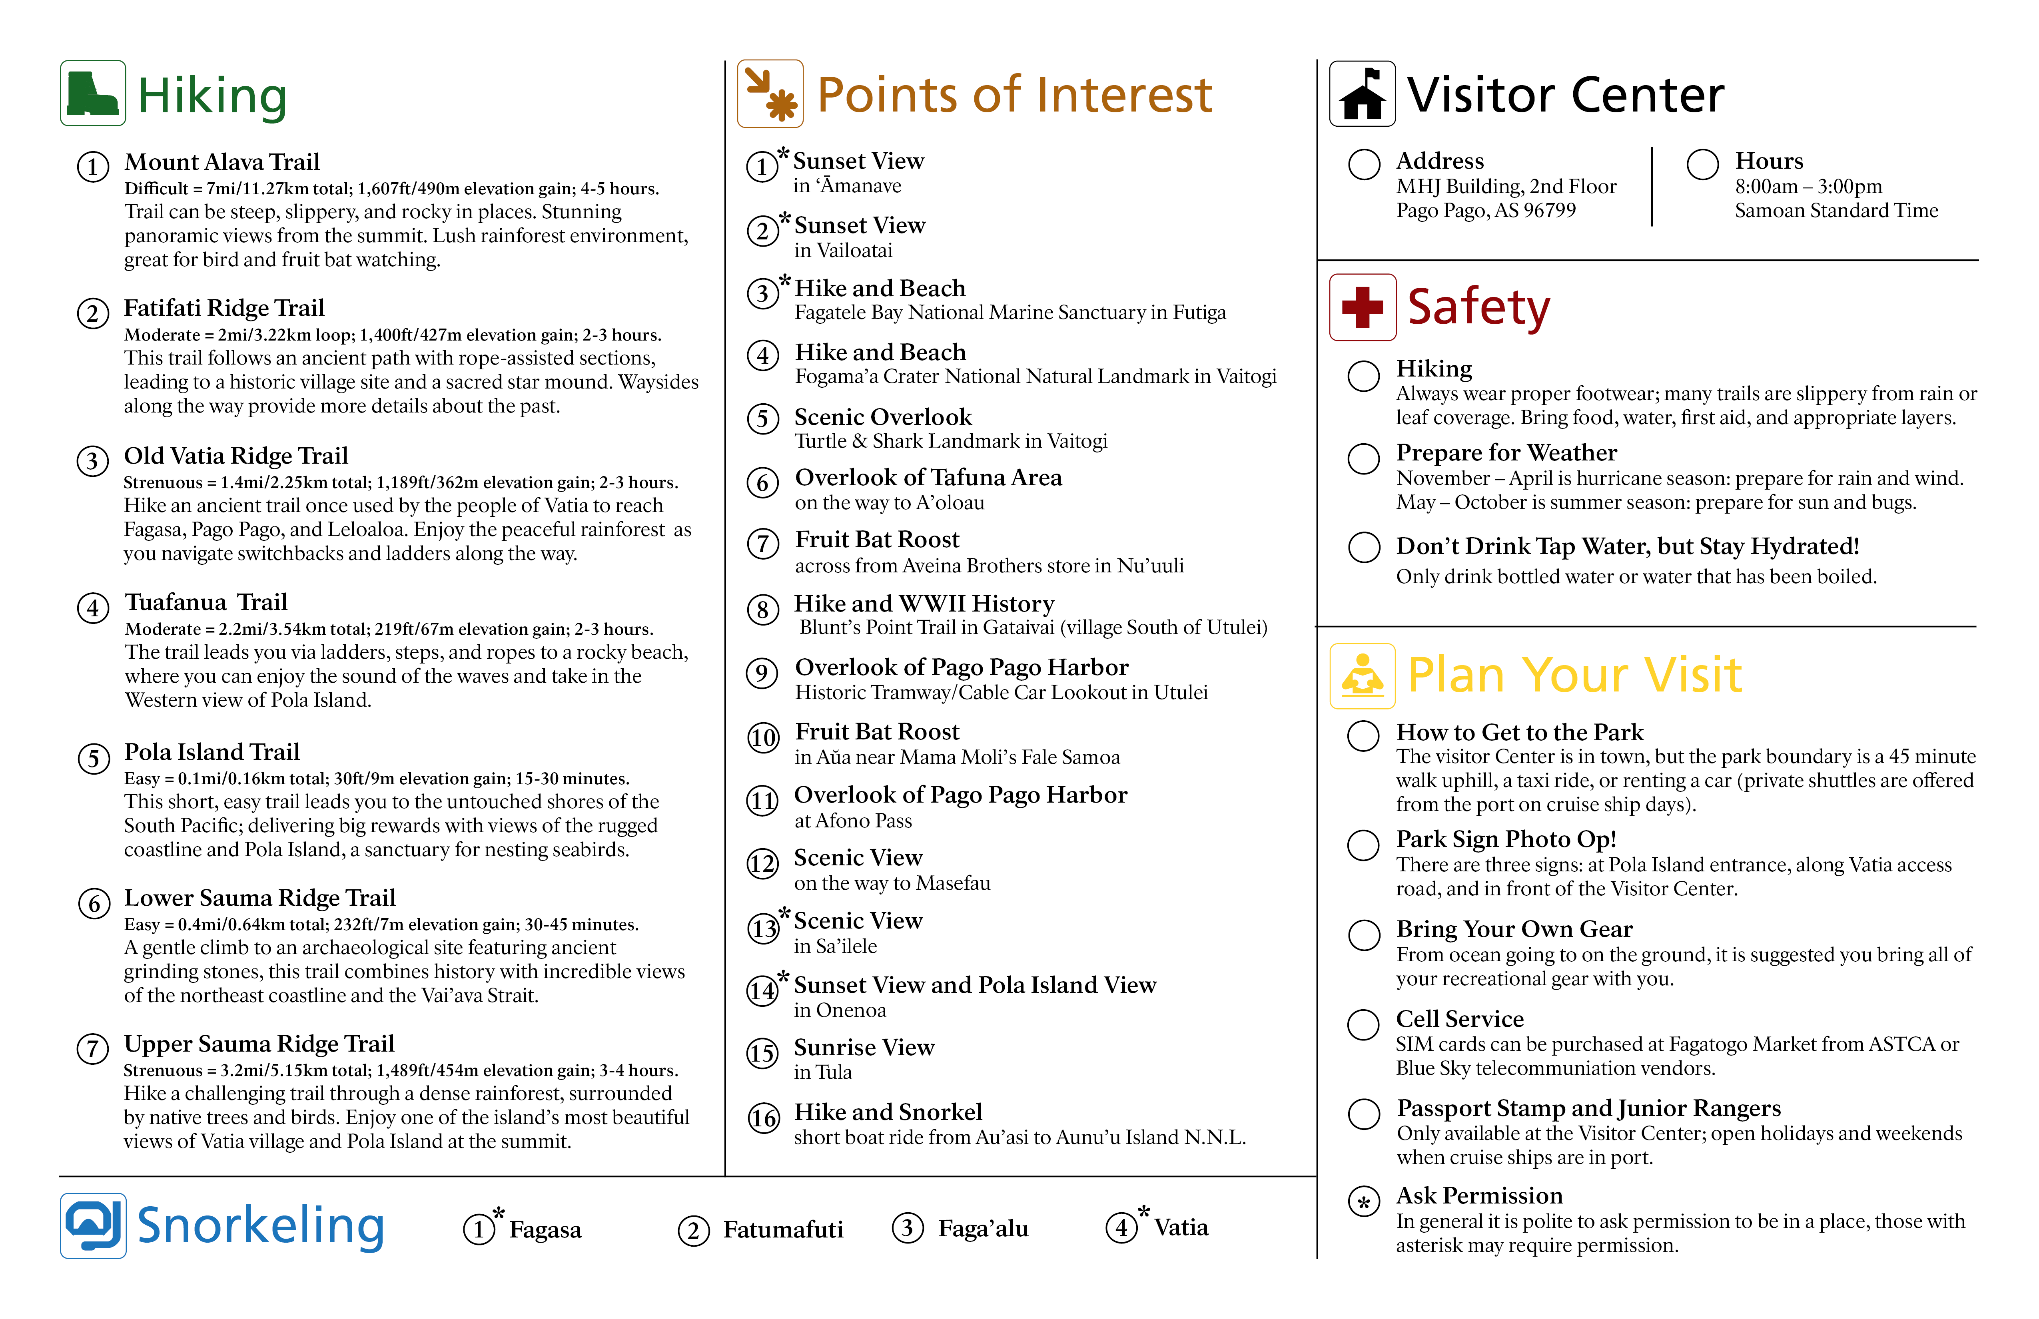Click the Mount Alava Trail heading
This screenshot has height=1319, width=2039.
point(222,162)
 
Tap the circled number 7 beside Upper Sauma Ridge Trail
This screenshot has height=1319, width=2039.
point(92,1048)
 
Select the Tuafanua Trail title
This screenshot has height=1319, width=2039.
point(205,602)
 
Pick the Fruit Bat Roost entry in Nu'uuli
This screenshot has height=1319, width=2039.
point(877,540)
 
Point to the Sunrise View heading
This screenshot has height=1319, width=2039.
point(864,1048)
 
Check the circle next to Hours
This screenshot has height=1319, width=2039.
point(1702,164)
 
